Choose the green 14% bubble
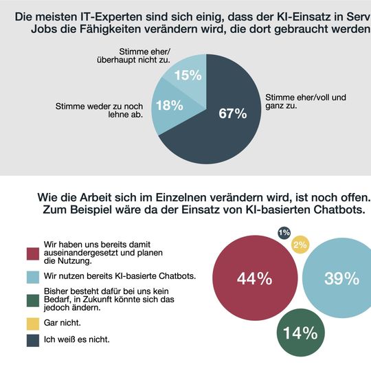301,333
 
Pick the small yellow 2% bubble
300,245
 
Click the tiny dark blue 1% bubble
284,233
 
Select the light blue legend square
32,276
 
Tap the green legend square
32,300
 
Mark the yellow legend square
32,322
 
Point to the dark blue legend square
32,339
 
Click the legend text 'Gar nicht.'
63,322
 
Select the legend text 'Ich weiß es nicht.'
76,339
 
